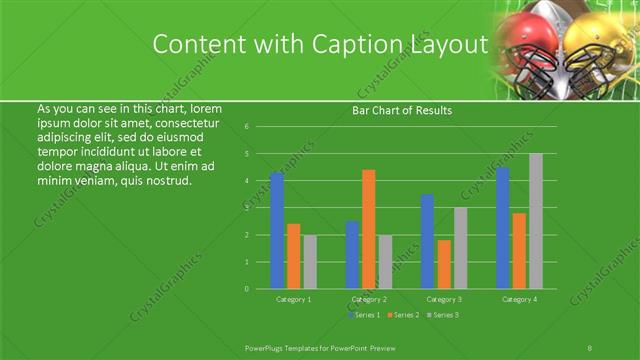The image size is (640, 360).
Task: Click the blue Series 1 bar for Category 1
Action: click(277, 230)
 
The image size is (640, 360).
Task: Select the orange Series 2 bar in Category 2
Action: click(369, 229)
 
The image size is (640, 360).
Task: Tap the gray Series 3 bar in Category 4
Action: click(536, 221)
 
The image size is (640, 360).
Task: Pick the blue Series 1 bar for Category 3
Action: click(428, 242)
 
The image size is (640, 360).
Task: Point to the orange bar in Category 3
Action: click(444, 264)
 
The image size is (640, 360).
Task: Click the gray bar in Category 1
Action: click(310, 262)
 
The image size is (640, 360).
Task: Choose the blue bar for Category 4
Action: click(503, 228)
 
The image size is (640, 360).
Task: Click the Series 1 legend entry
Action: click(364, 315)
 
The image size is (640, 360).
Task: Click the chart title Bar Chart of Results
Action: click(402, 110)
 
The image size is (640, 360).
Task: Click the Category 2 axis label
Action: click(369, 299)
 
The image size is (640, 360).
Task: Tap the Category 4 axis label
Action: click(519, 299)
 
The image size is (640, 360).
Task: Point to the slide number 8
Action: click(590, 346)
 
